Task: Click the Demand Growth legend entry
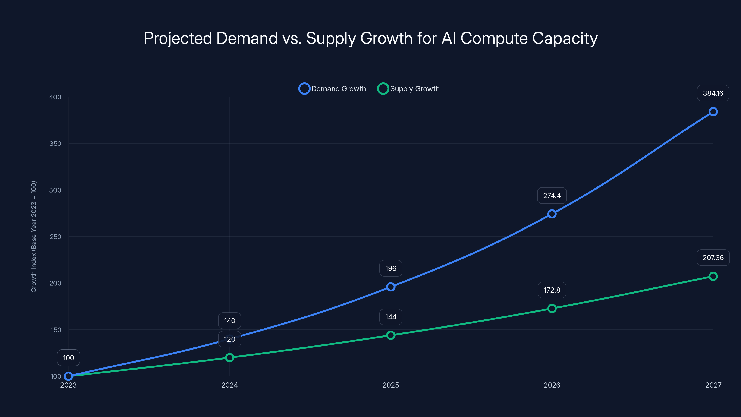click(x=333, y=89)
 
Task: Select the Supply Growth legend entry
click(x=408, y=89)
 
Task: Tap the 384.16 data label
click(x=713, y=93)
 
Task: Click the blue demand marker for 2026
click(x=552, y=214)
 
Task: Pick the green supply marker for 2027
click(x=713, y=276)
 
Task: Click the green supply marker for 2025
click(x=391, y=335)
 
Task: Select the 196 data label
click(x=391, y=268)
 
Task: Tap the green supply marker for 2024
click(x=229, y=357)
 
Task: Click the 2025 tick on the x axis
click(x=391, y=385)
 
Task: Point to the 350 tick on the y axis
click(x=55, y=144)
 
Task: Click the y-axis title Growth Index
click(x=34, y=237)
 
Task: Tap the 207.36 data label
click(x=713, y=258)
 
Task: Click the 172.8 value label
click(x=552, y=290)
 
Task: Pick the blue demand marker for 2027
click(x=713, y=112)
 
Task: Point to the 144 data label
click(x=391, y=317)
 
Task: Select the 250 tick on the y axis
click(x=55, y=237)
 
